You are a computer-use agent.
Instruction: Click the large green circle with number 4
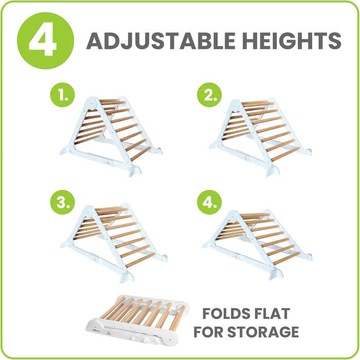(45, 41)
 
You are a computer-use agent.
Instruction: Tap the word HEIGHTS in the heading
(292, 41)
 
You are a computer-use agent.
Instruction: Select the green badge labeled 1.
(62, 95)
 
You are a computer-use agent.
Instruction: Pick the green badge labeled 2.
(209, 95)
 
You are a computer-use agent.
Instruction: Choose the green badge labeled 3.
(62, 202)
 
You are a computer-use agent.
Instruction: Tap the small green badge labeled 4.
(209, 202)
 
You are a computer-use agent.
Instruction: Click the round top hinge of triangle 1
(92, 103)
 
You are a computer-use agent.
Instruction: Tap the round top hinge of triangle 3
(88, 211)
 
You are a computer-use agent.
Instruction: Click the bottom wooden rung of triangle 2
(285, 154)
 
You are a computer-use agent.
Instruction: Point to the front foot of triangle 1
(135, 171)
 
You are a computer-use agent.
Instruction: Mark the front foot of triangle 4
(276, 274)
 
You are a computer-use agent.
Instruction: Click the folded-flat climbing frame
(138, 320)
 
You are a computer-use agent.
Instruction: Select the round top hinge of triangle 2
(235, 105)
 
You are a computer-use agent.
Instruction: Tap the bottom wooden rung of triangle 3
(140, 260)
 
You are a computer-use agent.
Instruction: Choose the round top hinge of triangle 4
(233, 217)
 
